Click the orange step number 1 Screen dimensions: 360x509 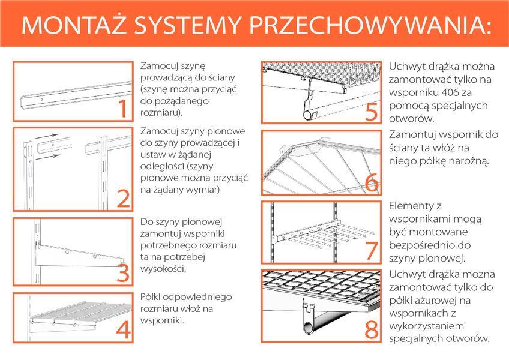pyautogui.click(x=122, y=109)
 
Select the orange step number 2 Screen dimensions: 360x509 pyautogui.click(x=122, y=199)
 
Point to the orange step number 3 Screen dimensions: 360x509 pyautogui.click(x=122, y=274)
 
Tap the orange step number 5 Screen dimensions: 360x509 pyautogui.click(x=372, y=112)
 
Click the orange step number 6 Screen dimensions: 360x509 pyautogui.click(x=372, y=184)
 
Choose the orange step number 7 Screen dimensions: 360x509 pyautogui.click(x=372, y=251)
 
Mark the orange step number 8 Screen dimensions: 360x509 pyautogui.click(x=372, y=329)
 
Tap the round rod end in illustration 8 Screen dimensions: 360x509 pyautogui.click(x=306, y=328)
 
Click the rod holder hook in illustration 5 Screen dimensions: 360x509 pyautogui.click(x=309, y=105)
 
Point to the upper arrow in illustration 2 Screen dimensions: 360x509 pyautogui.click(x=54, y=137)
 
